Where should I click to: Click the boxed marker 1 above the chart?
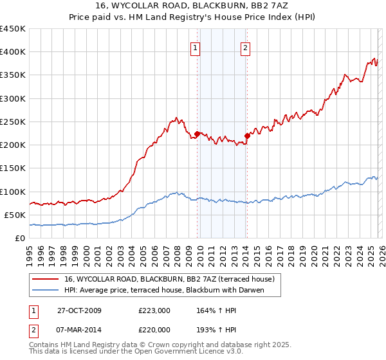pos(195,47)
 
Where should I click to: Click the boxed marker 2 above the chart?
pos(246,47)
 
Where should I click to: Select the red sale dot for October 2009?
pos(198,134)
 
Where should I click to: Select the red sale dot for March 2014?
pos(247,135)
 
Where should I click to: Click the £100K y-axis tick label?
pos(13,192)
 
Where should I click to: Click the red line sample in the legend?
pos(46,279)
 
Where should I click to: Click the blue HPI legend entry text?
pos(173,290)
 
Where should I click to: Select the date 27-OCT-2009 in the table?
pos(78,310)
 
